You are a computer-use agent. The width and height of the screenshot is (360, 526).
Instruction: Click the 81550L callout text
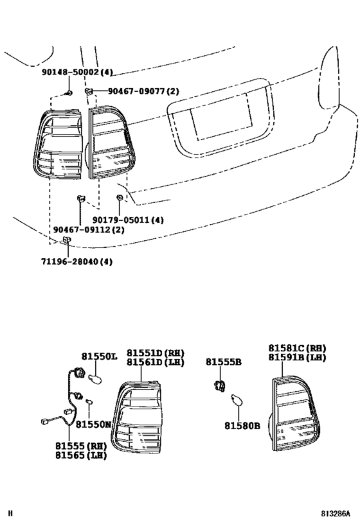pyautogui.click(x=100, y=356)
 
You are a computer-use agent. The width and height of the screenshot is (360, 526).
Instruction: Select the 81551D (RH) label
pyautogui.click(x=154, y=353)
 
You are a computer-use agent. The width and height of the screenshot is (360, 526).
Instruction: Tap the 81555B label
pyautogui.click(x=224, y=362)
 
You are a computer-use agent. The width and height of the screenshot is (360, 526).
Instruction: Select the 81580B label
pyautogui.click(x=242, y=425)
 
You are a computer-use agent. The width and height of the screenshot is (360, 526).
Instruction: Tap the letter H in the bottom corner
pyautogui.click(x=10, y=514)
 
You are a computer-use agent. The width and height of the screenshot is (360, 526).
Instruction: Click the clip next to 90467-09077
pyautogui.click(x=91, y=92)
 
